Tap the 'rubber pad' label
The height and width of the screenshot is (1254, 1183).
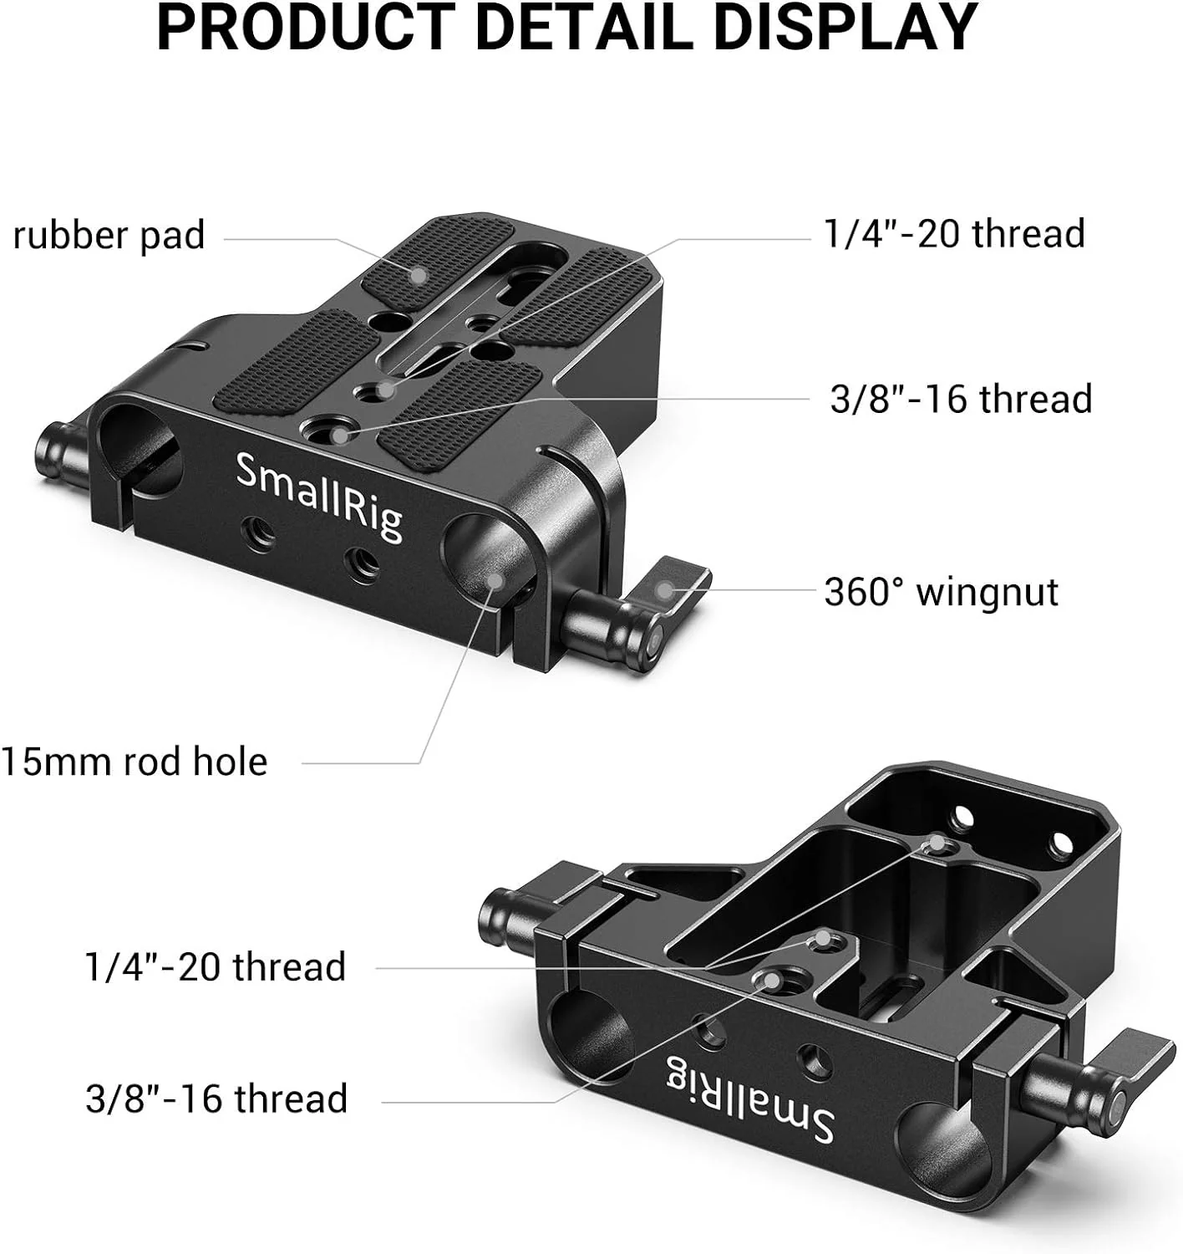tap(109, 236)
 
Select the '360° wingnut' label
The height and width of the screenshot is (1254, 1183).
tap(941, 592)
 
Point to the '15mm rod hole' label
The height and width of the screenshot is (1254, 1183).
tap(134, 762)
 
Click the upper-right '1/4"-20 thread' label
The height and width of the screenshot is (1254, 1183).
tap(954, 233)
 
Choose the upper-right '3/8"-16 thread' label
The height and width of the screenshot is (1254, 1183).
tap(961, 398)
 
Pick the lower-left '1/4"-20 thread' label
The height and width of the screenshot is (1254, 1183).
tap(216, 966)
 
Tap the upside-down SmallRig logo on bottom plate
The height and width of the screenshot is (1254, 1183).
tap(749, 1098)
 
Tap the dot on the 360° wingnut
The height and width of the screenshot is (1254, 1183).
tap(664, 590)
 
